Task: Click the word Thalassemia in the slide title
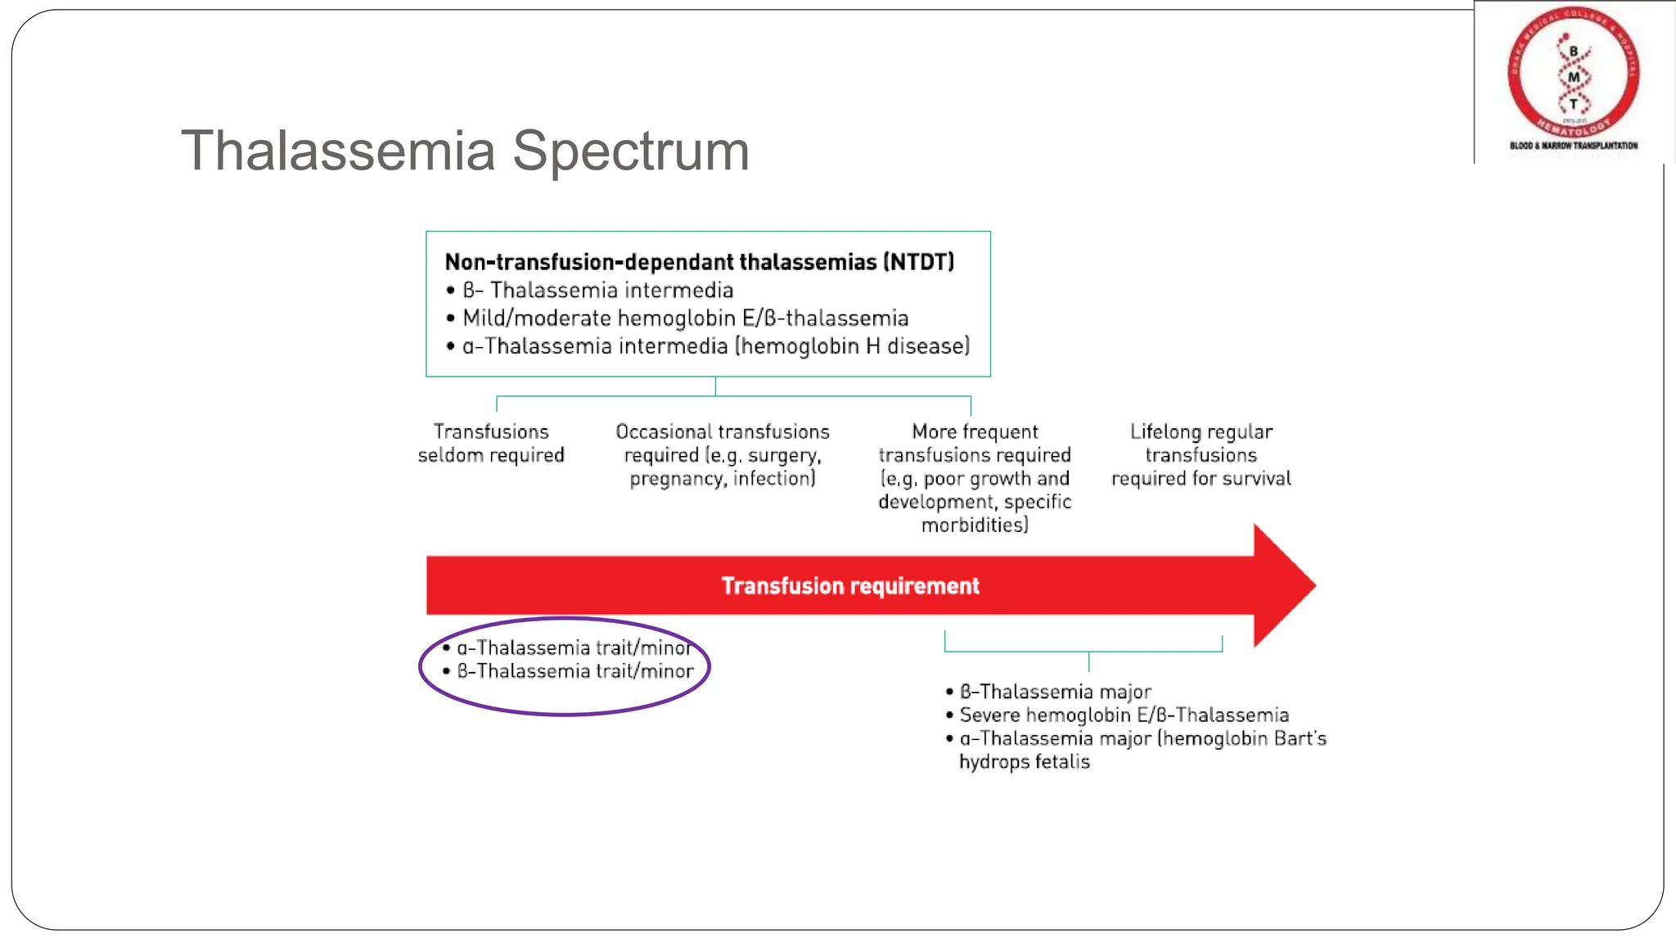[338, 151]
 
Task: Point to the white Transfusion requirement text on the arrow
[849, 586]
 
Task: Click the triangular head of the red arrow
[1282, 585]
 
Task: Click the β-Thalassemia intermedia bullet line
[597, 291]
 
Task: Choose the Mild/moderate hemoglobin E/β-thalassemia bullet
[685, 318]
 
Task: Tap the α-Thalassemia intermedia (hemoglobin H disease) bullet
[715, 346]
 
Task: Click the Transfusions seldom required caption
[491, 443]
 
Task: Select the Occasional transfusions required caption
[722, 454]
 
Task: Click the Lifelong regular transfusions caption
[1201, 454]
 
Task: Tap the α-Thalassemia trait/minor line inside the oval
[574, 647]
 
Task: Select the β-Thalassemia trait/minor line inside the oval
[574, 671]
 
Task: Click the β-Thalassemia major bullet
[1055, 693]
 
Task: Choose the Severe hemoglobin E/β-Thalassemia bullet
[1124, 715]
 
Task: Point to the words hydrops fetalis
[1024, 762]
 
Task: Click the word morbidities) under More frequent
[974, 525]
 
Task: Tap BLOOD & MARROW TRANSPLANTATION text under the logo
[1573, 146]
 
